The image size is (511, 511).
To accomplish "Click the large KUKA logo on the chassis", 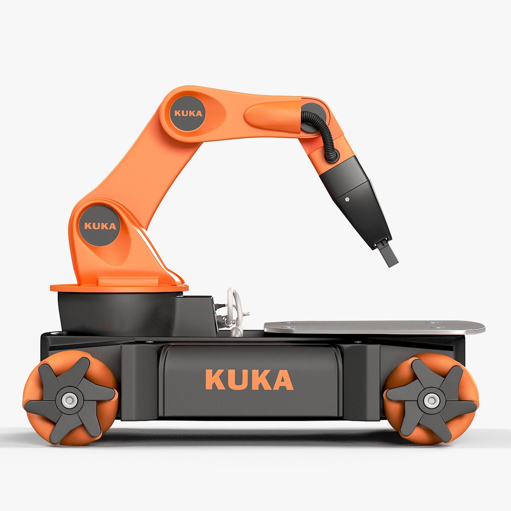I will click(249, 379).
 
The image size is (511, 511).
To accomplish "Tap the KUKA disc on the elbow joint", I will click(188, 113).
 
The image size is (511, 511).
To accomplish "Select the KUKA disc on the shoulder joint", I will click(100, 226).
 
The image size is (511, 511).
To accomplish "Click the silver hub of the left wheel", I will click(70, 400).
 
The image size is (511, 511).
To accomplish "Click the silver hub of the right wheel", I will click(431, 400).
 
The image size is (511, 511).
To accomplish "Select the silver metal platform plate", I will click(374, 326).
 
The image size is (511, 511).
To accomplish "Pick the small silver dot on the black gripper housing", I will click(347, 200).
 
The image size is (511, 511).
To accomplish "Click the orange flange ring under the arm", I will click(118, 287).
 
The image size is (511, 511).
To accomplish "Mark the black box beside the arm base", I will click(196, 315).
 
